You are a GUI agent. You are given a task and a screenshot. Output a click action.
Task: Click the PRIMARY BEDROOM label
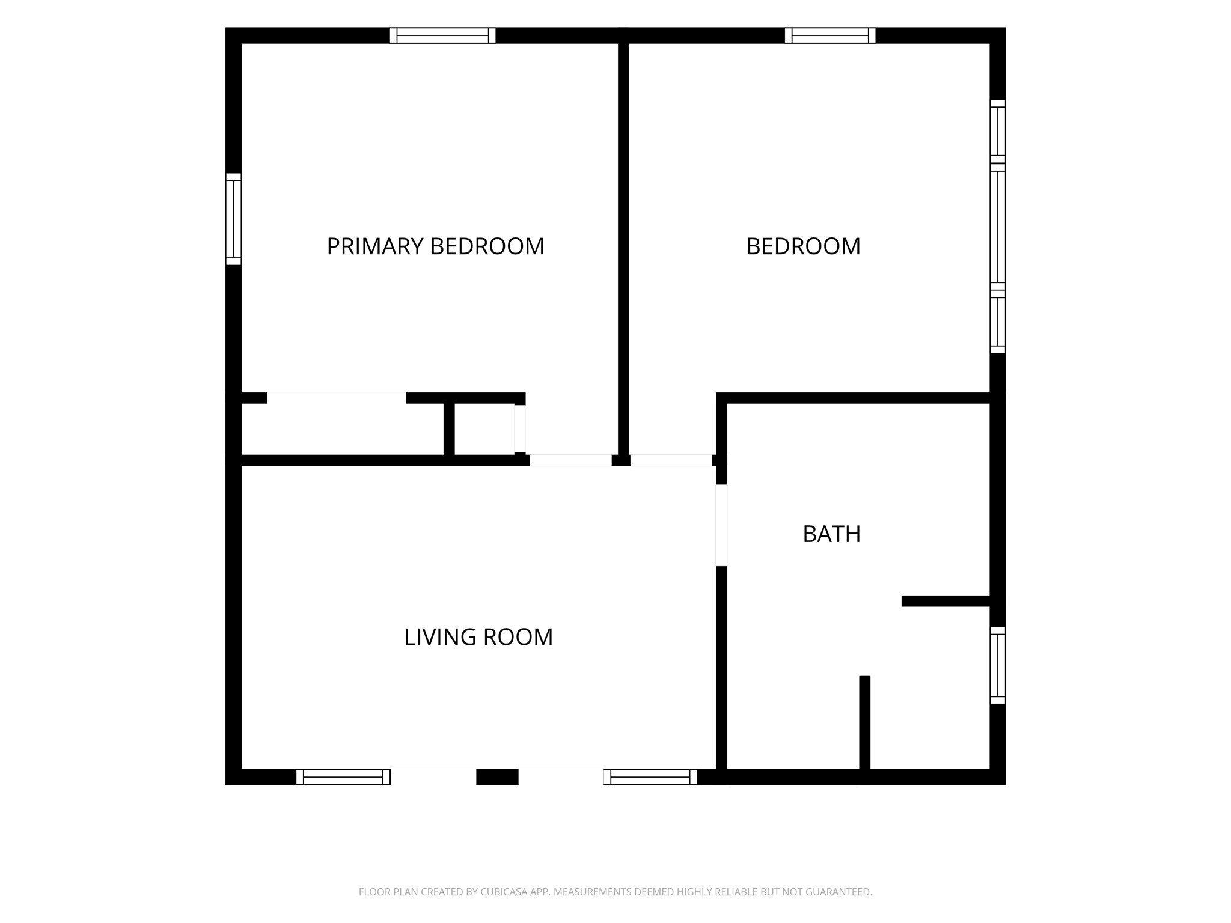coord(435,246)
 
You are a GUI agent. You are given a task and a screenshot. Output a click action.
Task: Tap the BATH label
coord(832,534)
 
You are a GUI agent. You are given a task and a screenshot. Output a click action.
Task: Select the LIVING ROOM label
coord(478,637)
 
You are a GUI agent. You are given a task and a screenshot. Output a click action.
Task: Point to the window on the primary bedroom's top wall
coord(443,35)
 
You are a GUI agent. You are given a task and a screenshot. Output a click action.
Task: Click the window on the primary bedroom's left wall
coord(234,219)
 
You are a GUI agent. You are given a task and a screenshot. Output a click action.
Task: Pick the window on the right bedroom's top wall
coord(830,35)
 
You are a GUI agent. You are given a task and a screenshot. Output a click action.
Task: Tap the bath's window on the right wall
coord(998,665)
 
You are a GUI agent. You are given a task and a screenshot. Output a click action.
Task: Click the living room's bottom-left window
coord(343,777)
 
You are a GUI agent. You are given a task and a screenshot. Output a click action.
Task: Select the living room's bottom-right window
coord(650,777)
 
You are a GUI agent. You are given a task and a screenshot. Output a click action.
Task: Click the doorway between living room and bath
coord(721,525)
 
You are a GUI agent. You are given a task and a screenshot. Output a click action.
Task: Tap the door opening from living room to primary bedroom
coord(570,460)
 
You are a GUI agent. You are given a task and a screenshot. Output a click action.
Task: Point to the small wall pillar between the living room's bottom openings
coord(498,777)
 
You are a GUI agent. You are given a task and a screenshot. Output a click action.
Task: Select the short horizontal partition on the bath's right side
coord(945,601)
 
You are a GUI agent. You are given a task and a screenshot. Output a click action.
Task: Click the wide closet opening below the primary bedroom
coord(337,398)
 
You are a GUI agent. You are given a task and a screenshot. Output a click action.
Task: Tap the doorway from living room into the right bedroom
coord(671,460)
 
